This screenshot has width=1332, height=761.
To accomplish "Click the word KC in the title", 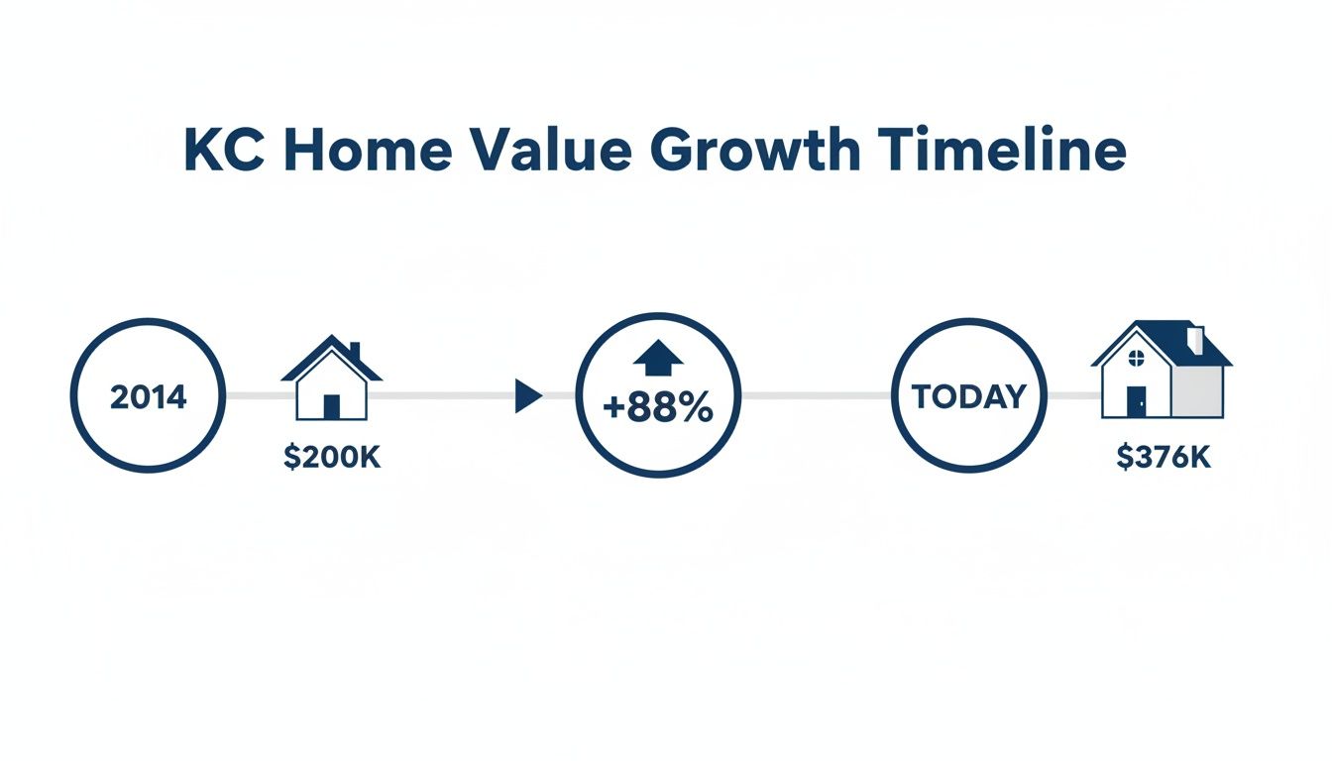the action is (x=224, y=149).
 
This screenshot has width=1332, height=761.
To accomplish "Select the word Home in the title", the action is (x=368, y=149).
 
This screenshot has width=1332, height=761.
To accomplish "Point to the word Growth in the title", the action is (x=755, y=149).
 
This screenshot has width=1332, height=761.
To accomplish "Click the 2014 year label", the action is (x=148, y=397).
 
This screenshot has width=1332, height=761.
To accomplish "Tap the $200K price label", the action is (x=332, y=457).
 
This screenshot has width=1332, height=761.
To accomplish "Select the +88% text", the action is (x=658, y=408).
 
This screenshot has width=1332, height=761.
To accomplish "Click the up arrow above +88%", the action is (x=658, y=358).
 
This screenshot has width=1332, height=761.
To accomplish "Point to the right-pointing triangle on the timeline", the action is (x=527, y=396).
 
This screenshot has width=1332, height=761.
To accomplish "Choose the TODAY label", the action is (x=969, y=396).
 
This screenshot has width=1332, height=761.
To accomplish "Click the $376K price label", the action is (x=1164, y=457).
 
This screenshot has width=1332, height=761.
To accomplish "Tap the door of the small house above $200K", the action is (x=332, y=406).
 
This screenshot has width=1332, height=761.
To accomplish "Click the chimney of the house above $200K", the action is (x=355, y=351).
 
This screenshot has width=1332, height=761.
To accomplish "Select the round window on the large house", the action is (x=1137, y=358).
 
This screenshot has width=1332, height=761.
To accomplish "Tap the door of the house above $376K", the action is (x=1137, y=402).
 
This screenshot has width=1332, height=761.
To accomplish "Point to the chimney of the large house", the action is (x=1195, y=340).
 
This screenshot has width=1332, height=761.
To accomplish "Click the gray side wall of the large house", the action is (x=1197, y=391).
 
